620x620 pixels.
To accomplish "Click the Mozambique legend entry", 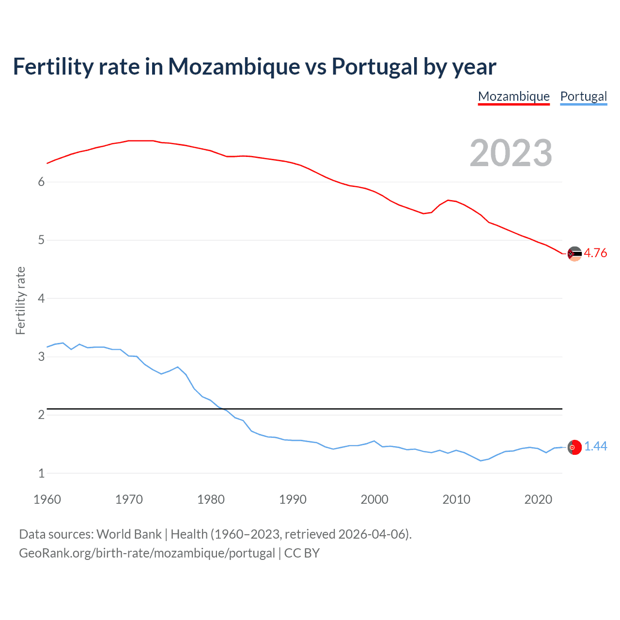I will coord(513,96).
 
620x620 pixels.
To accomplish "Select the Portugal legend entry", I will coord(583,96).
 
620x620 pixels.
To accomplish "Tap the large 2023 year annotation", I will coord(511,153).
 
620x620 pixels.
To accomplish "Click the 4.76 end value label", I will coord(595,253).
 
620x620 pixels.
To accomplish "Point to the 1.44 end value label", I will coord(595,446).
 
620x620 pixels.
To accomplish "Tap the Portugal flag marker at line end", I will coord(574,448).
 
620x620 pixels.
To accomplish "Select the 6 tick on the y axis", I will coord(41,182).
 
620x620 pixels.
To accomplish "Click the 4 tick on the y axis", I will coord(41,298).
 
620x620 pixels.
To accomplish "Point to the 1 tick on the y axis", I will coord(41,473).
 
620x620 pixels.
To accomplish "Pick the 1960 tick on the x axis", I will coord(47,499).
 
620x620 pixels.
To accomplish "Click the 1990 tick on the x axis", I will coord(293,499).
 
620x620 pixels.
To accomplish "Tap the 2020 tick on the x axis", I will coord(538,499).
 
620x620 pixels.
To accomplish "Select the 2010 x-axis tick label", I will coord(456,499).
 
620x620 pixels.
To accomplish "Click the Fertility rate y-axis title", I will coord(20,300).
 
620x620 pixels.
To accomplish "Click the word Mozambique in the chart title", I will coord(234,66).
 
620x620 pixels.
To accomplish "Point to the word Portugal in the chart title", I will coord(374,66).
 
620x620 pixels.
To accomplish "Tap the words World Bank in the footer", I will coord(129,534).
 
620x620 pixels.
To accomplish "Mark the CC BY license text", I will coord(302,553).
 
